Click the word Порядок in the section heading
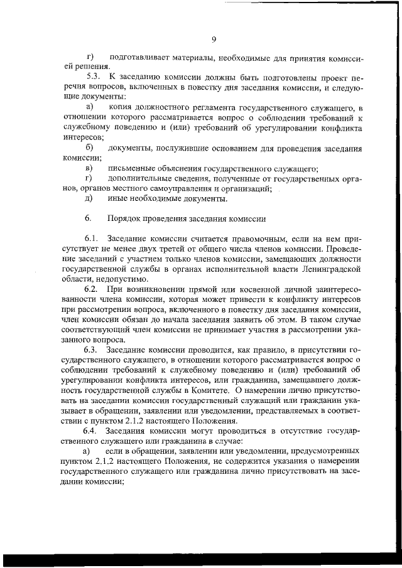coord(126,219)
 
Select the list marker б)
coord(89,148)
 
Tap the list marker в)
coord(89,169)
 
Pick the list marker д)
coord(89,199)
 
